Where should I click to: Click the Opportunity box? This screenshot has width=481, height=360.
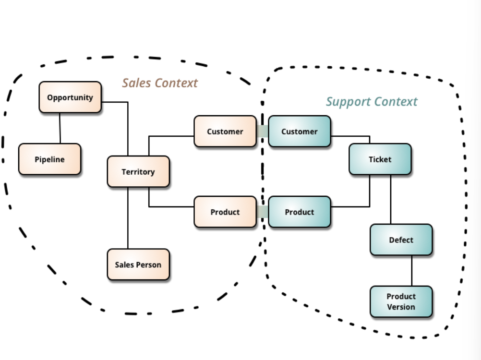(70, 97)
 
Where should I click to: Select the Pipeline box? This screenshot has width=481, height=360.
(50, 159)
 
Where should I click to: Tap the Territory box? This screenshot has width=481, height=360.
(138, 172)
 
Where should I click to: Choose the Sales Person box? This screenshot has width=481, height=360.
(138, 264)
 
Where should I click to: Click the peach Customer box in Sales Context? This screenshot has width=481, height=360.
(225, 131)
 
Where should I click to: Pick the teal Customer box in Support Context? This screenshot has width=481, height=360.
(300, 131)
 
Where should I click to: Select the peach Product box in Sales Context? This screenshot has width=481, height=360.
(225, 212)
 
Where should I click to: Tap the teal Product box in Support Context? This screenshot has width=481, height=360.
(300, 212)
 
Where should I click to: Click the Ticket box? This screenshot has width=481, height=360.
(380, 159)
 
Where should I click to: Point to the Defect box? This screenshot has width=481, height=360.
(401, 240)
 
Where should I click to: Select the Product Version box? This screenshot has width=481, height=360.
(401, 302)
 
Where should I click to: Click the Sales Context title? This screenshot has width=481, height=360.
(160, 83)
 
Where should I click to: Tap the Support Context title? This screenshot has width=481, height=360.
(372, 102)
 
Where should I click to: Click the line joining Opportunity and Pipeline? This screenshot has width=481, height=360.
(60, 128)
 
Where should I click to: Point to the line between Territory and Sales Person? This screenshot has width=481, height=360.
(128, 218)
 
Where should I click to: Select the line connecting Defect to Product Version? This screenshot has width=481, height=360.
(412, 271)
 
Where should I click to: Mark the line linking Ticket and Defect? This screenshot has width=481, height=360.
(390, 199)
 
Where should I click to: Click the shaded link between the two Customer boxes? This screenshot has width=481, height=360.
(263, 131)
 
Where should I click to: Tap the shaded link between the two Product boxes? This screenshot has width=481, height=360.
(263, 212)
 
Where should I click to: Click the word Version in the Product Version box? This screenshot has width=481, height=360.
(401, 307)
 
